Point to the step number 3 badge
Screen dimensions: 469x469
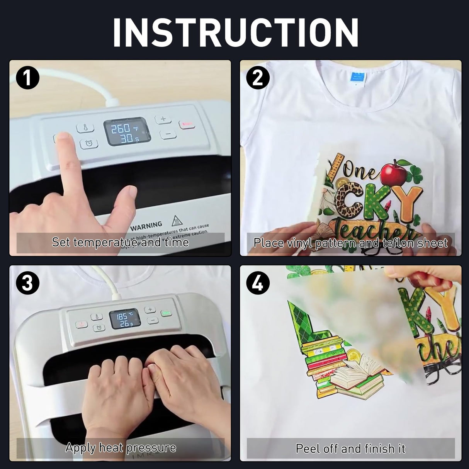point(28,284)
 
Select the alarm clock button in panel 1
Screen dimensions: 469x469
point(89,143)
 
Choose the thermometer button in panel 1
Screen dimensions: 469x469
point(85,127)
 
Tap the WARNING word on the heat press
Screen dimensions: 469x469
point(146,225)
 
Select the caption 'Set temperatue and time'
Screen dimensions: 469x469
point(120,243)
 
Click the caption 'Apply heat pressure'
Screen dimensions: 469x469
point(120,448)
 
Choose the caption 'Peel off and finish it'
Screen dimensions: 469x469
point(350,448)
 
